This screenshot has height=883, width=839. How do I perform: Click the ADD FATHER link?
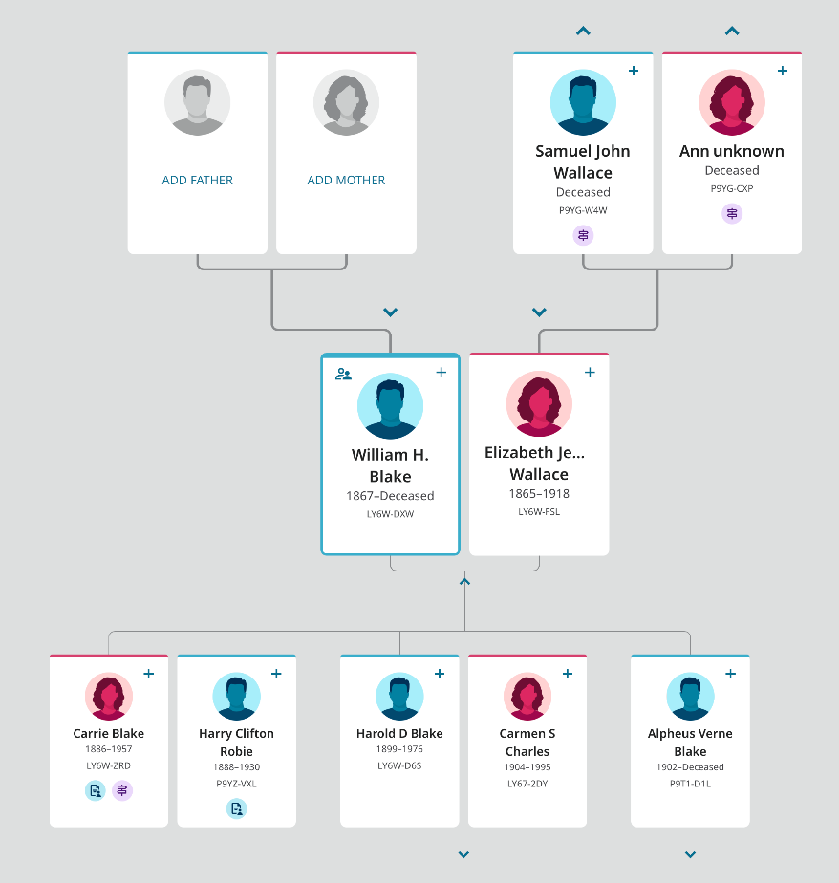198,180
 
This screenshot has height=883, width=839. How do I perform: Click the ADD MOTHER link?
346,180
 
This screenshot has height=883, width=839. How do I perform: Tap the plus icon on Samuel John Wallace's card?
634,71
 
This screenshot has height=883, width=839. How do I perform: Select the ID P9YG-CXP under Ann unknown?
732,188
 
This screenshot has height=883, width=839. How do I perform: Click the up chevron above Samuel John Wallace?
583,32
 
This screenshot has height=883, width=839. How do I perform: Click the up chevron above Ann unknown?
732,32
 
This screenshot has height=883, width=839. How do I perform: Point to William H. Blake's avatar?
390,406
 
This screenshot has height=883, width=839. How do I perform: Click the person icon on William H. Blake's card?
344,374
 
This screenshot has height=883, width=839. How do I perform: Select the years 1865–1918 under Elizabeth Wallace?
539,494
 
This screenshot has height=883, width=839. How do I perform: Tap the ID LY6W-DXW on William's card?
390,514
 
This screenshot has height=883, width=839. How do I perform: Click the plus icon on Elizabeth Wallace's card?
590,373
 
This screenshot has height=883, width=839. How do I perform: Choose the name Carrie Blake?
109,734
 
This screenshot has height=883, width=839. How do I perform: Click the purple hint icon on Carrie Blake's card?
122,790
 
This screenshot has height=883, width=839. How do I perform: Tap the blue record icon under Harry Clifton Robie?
236,808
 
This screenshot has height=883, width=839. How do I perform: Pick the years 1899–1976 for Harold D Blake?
399,749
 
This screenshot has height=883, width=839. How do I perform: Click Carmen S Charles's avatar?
527,696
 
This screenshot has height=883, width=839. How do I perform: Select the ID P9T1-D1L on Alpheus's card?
690,785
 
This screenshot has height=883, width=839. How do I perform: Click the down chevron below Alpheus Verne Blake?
690,854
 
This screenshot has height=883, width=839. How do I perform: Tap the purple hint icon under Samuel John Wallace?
583,235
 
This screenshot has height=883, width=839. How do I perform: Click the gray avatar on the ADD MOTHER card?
346,103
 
